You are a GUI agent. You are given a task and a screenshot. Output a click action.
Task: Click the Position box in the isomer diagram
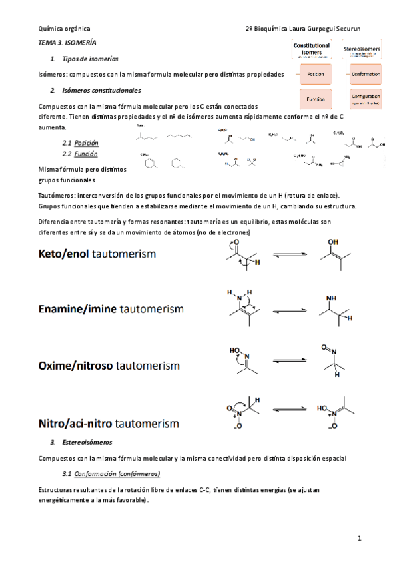point(312,75)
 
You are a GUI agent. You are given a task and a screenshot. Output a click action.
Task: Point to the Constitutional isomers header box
point(312,51)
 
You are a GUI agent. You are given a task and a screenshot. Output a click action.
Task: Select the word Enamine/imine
point(76,310)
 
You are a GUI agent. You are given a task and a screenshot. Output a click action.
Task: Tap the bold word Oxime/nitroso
point(76,366)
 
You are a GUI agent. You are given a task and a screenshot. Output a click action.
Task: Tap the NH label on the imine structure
point(331,298)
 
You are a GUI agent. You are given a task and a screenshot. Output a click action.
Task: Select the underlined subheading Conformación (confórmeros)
point(117,474)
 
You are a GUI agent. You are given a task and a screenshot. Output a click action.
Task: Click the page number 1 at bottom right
point(358,538)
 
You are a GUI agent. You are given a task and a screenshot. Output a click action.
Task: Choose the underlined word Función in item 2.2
point(86,153)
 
